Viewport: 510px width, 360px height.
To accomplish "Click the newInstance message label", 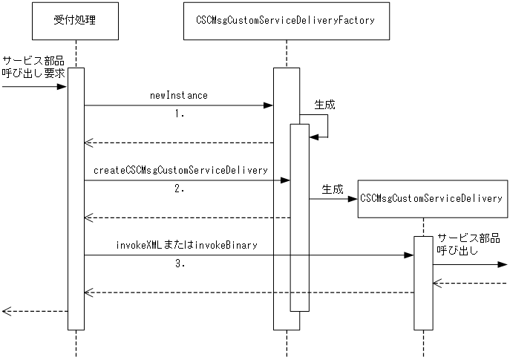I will pyautogui.click(x=178, y=96).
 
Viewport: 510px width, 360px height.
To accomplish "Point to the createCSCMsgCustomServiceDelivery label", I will pyautogui.click(x=180, y=170).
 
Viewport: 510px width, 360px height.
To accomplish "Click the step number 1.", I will pyautogui.click(x=179, y=115).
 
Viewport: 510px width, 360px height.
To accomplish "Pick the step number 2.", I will pyautogui.click(x=179, y=189).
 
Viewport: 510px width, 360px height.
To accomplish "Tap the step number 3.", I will pyautogui.click(x=179, y=264).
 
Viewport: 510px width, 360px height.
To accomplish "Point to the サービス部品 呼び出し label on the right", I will pyautogui.click(x=468, y=244).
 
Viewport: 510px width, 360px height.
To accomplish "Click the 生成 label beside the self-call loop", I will pyautogui.click(x=324, y=105).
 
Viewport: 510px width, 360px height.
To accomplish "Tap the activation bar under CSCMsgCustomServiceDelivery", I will pyautogui.click(x=422, y=282).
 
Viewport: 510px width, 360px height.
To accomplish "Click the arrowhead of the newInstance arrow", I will pyautogui.click(x=269, y=105).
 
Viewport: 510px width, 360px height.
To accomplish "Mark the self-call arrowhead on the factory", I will pyautogui.click(x=313, y=137).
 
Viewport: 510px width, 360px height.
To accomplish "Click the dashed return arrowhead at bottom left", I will pyautogui.click(x=6, y=311).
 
